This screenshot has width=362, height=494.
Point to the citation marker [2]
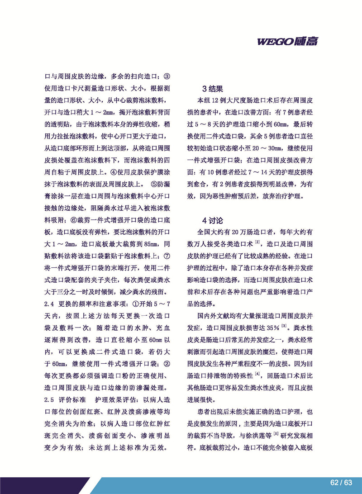coord(257,241)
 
